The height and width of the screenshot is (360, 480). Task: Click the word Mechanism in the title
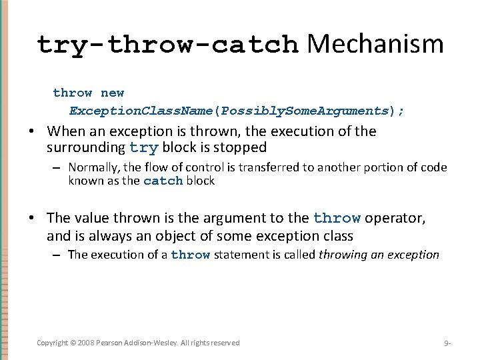(375, 44)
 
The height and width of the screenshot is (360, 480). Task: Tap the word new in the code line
(112, 93)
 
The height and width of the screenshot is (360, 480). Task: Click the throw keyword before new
(73, 93)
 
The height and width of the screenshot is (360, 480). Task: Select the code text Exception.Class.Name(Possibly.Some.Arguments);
(237, 111)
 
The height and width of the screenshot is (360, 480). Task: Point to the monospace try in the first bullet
(143, 148)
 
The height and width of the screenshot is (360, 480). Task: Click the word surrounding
(86, 148)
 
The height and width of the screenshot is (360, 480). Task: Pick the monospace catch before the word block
(163, 181)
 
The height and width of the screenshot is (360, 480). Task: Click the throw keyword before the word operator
(337, 218)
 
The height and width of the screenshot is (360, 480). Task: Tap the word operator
(396, 218)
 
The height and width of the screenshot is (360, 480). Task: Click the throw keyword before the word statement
(190, 255)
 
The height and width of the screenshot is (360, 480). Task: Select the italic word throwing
(343, 255)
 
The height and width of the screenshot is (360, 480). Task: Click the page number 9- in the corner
(447, 343)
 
